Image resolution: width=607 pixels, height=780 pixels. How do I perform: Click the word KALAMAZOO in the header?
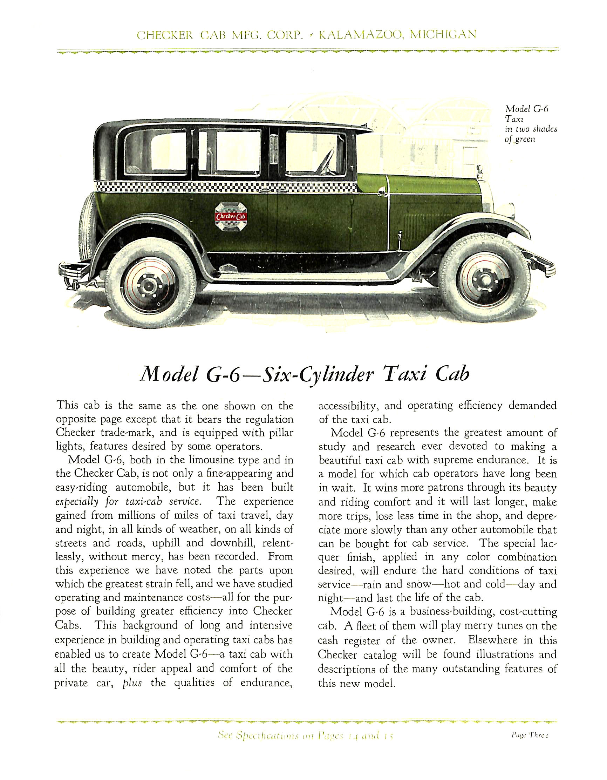(x=361, y=35)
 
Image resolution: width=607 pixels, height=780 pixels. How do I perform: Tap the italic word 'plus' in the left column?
(x=132, y=683)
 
